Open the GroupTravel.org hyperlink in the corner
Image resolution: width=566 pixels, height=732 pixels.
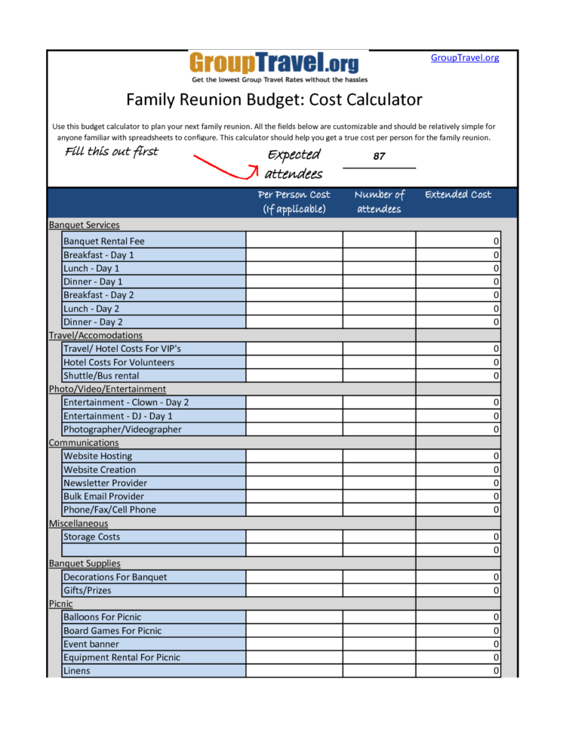point(465,58)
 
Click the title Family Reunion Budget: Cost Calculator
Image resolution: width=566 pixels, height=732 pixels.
point(274,100)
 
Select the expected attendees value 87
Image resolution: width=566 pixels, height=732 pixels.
point(379,156)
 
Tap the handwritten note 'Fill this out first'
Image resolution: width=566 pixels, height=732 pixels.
point(112,152)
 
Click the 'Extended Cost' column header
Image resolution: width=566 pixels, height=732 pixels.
point(458,195)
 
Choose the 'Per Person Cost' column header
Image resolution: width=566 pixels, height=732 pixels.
point(294,201)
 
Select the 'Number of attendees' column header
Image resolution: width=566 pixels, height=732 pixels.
point(379,201)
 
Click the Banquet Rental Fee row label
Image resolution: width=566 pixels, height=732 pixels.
point(104,241)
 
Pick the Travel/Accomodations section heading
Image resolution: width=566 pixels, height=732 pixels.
point(95,335)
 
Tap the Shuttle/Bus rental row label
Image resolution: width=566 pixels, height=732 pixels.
point(101,376)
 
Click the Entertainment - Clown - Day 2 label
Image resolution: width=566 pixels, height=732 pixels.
point(126,402)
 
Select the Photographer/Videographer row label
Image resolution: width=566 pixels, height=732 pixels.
point(122,429)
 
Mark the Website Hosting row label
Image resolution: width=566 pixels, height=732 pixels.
point(97,456)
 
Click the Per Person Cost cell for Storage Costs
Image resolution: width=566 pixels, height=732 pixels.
point(294,537)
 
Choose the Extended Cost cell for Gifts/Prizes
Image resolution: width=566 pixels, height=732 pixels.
point(458,590)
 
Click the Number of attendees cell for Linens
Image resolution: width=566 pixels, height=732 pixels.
point(379,671)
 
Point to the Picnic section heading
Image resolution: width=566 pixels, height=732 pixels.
point(61,604)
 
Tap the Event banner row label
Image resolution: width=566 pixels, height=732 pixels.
point(91,644)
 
